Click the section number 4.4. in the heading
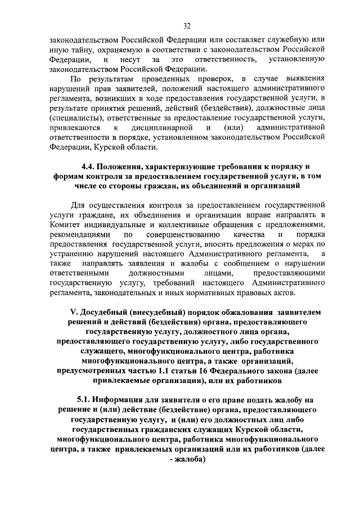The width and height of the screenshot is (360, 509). [89, 167]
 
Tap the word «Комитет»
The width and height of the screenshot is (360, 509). [66, 224]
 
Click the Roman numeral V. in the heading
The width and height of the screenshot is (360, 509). [73, 312]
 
